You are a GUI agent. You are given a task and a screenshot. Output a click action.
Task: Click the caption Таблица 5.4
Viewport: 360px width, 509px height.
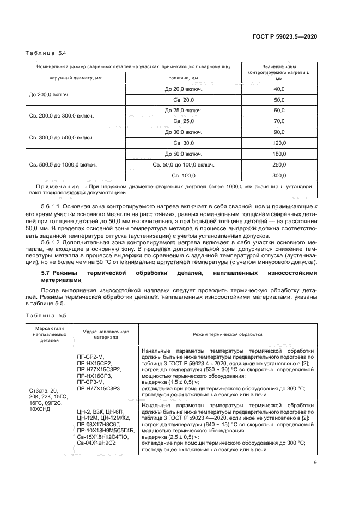click(46, 53)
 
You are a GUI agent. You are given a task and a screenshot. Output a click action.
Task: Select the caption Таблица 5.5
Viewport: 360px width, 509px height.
click(46, 315)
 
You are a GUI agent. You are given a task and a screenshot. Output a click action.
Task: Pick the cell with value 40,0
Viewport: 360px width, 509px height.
click(279, 88)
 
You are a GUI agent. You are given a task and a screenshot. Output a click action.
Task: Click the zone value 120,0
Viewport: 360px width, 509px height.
click(279, 143)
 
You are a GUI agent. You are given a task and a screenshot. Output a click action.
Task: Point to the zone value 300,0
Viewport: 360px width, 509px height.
click(279, 175)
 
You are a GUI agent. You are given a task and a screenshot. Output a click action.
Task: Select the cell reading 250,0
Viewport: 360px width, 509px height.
click(279, 164)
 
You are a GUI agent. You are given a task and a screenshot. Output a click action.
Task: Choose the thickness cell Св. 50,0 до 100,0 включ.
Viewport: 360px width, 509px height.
click(183, 164)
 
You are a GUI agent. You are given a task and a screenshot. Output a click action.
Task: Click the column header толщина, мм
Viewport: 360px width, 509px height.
click(183, 78)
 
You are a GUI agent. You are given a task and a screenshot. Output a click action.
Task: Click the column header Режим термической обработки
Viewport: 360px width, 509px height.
click(227, 334)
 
